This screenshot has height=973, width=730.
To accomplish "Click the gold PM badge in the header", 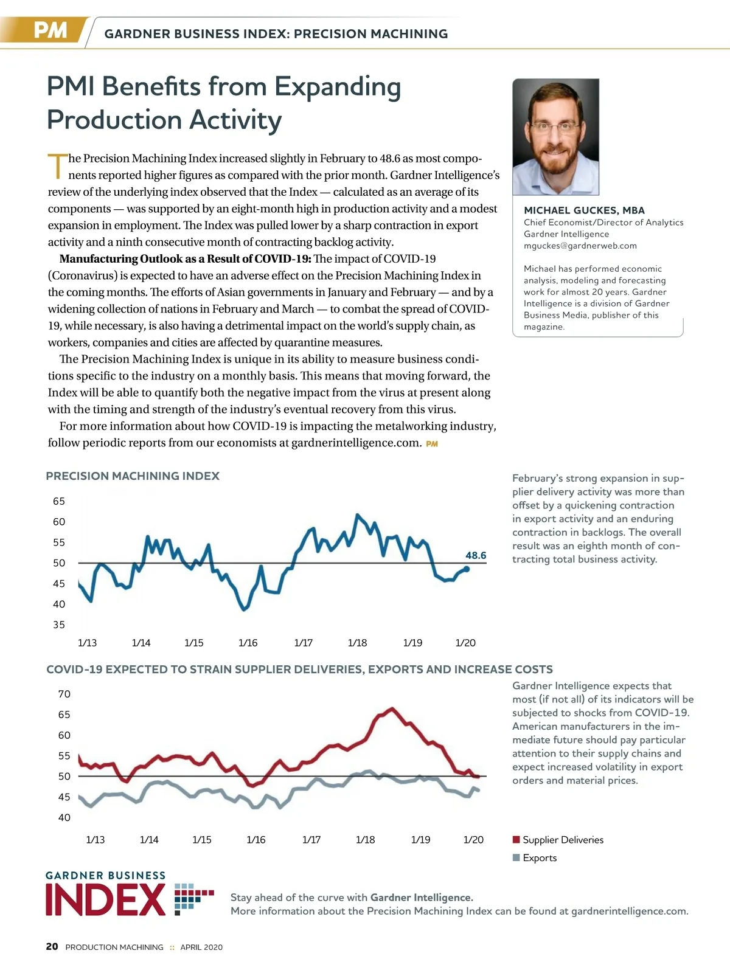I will (x=50, y=30).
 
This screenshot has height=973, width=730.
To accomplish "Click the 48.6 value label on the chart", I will (x=476, y=555).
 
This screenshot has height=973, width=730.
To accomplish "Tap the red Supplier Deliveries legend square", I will (x=516, y=840).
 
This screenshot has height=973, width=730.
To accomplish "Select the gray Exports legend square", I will (x=516, y=857).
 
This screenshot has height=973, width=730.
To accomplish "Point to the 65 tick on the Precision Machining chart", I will (x=59, y=501).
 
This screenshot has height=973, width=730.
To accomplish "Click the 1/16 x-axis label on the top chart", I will (x=248, y=643).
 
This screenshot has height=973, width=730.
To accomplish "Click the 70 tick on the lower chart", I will (x=64, y=694).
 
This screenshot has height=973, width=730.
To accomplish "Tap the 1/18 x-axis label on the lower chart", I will (x=366, y=840).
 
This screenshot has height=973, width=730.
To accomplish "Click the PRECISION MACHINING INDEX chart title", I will (x=133, y=476).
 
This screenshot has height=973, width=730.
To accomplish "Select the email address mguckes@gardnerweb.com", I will (x=580, y=246).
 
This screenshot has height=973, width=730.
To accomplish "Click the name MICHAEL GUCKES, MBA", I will (x=584, y=210).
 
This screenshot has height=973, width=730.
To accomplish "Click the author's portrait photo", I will (x=555, y=137).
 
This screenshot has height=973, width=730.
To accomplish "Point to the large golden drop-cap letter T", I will (x=57, y=166).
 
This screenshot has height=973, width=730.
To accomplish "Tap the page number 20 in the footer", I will (x=52, y=946).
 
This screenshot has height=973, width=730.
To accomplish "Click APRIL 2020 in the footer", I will (x=201, y=947).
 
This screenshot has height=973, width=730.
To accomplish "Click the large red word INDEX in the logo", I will (x=106, y=900).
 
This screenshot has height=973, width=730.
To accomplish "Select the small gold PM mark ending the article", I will (x=432, y=444).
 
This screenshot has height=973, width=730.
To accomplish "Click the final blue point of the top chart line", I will (x=467, y=569).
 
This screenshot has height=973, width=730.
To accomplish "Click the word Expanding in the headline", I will (x=338, y=87).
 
